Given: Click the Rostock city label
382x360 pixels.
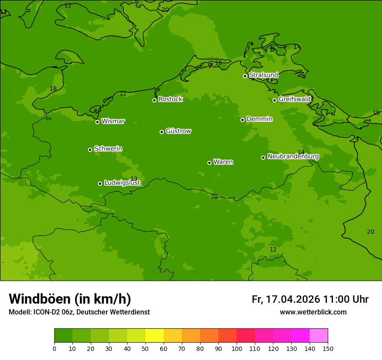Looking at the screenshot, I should tap(170, 99).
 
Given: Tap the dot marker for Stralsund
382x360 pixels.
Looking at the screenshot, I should tap(245, 76).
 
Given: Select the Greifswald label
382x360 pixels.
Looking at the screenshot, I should tap(294, 99).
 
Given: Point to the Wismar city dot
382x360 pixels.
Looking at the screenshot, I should tap(97, 122).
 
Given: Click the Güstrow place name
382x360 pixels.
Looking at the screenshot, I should tap(178, 131).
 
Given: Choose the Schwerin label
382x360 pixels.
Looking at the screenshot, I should tap(108, 149).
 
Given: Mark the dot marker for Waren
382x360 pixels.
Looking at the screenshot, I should tap(209, 163).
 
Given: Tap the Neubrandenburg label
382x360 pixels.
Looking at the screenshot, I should tap(293, 157).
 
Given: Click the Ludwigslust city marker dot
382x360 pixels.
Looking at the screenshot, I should tap(100, 183).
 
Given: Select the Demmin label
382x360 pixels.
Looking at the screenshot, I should tap(259, 119).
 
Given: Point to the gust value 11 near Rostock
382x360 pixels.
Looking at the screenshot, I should tap(123, 94).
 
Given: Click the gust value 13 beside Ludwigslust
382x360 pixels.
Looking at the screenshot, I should tap(134, 179).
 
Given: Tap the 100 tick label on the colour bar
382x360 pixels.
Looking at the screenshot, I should tap(237, 348).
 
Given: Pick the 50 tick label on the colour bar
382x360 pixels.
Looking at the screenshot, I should tap(145, 348).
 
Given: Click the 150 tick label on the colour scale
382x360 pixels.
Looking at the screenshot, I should tap(328, 348).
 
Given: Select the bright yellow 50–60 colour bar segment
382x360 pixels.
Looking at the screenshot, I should tap(155, 335).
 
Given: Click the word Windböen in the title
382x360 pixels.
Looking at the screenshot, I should tap(40, 299).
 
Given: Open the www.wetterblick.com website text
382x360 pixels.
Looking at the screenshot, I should tap(313, 312).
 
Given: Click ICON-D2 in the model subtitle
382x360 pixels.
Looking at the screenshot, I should tap(45, 312).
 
